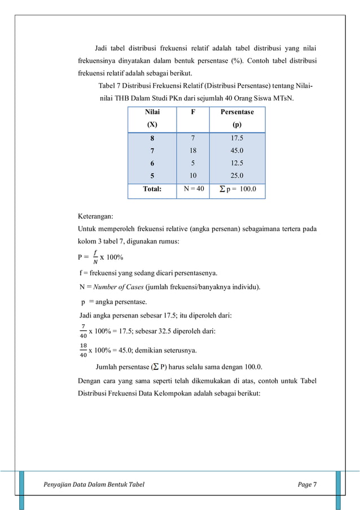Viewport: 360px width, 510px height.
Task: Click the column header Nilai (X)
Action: coord(152,118)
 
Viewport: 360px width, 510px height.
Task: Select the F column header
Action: coord(192,112)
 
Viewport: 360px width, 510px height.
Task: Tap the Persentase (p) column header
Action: coord(237,118)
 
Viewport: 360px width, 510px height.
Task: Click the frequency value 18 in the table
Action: coord(192,150)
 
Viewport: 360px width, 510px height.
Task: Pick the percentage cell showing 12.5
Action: coord(237,163)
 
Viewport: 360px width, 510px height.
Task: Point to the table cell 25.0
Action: coord(237,176)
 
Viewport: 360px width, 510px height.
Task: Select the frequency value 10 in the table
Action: coord(192,176)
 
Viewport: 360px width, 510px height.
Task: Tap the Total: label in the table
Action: coord(152,190)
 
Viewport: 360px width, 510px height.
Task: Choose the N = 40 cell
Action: coord(192,190)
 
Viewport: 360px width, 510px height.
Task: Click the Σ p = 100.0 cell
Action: coord(237,190)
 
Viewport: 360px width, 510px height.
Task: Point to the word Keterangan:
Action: coord(95,216)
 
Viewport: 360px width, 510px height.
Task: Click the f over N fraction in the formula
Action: coord(95,258)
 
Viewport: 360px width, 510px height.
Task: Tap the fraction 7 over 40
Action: coord(83,330)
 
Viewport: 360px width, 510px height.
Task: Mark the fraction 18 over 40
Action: coord(83,350)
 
